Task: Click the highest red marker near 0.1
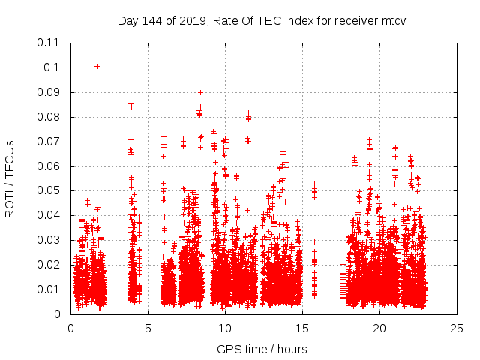coord(97,66)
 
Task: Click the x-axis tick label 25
coord(457,328)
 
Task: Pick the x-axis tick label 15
coord(302,328)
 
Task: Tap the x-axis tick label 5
coord(148,328)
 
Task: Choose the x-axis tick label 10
coord(225,328)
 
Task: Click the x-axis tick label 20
coord(379,328)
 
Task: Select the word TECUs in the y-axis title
coord(10,157)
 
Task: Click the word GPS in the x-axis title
coord(228,349)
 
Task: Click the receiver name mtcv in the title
coord(393,20)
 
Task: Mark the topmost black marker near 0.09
coord(200,92)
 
